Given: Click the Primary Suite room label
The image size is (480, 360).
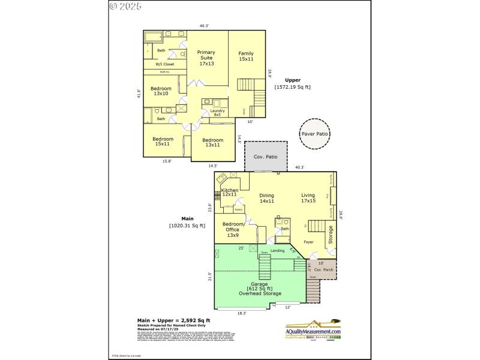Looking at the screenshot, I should [x=206, y=58].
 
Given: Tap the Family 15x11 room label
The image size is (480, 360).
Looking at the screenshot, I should [x=245, y=56].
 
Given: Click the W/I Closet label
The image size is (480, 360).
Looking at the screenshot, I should [x=165, y=64].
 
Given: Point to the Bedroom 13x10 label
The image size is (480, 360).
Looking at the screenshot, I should [x=161, y=91].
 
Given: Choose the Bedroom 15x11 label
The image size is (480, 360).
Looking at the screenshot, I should [x=163, y=142].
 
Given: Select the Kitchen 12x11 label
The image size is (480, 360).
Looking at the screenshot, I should [x=230, y=192].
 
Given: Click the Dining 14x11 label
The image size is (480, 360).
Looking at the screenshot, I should [x=266, y=198].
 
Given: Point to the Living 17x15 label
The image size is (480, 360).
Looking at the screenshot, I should [x=308, y=198].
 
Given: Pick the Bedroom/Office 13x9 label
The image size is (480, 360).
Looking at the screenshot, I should [x=233, y=230].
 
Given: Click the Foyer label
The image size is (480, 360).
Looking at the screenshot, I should [x=308, y=242].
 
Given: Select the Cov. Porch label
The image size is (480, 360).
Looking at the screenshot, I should [x=323, y=270].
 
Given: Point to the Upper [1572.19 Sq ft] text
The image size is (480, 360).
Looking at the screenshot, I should [x=293, y=83].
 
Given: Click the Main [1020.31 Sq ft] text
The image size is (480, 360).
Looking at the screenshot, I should [x=187, y=222].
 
